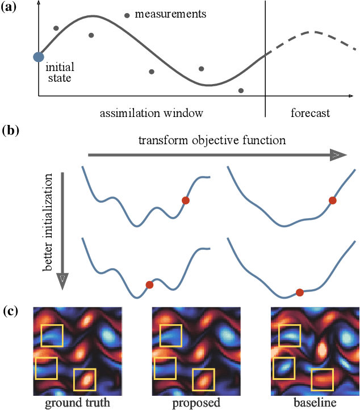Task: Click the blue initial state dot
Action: (x=39, y=56)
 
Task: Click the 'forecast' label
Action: (x=310, y=113)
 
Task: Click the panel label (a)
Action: (x=11, y=8)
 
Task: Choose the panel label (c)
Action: (x=11, y=311)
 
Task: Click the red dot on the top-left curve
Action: (x=185, y=200)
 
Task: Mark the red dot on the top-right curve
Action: (x=333, y=200)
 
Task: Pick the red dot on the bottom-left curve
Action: (x=149, y=285)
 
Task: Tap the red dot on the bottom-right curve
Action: (x=300, y=292)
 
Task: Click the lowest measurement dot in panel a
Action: (x=241, y=90)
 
